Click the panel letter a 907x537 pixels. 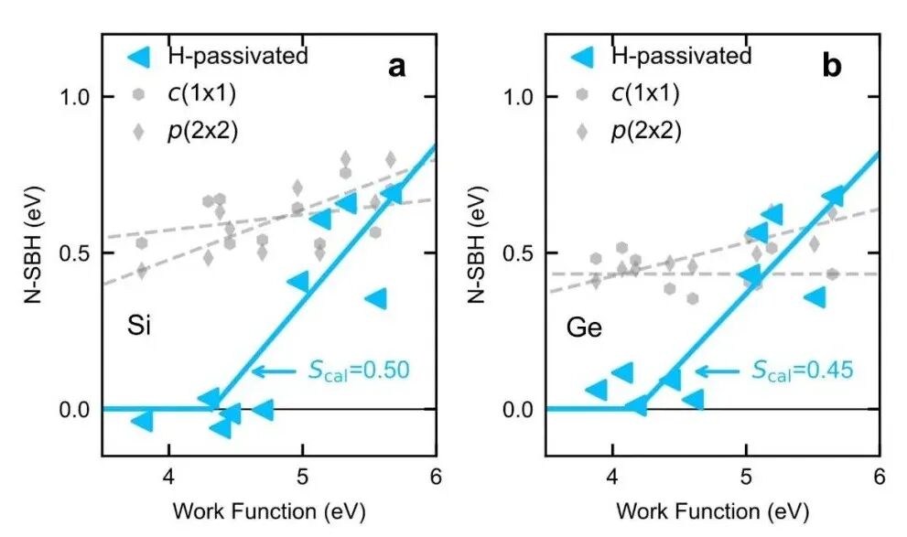[x=397, y=67]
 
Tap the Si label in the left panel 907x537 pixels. [x=139, y=326]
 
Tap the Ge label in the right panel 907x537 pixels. [x=584, y=328]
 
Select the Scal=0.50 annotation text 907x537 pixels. [x=359, y=370]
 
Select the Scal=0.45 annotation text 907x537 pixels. [x=803, y=370]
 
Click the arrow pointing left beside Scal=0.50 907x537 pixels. [x=275, y=371]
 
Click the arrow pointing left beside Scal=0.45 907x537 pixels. [x=718, y=371]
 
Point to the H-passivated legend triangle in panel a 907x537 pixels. [x=139, y=57]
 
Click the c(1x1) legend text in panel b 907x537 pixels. [x=645, y=93]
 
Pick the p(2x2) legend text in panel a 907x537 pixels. [x=203, y=131]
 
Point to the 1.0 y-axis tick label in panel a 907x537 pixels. [x=75, y=97]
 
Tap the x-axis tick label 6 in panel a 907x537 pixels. [x=436, y=477]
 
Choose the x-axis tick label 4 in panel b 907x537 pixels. [x=612, y=477]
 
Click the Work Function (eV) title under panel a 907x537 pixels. [x=269, y=511]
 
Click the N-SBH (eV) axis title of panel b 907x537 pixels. [x=477, y=244]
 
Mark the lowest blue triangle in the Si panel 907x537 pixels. [x=221, y=428]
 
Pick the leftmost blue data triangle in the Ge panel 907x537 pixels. [x=597, y=390]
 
